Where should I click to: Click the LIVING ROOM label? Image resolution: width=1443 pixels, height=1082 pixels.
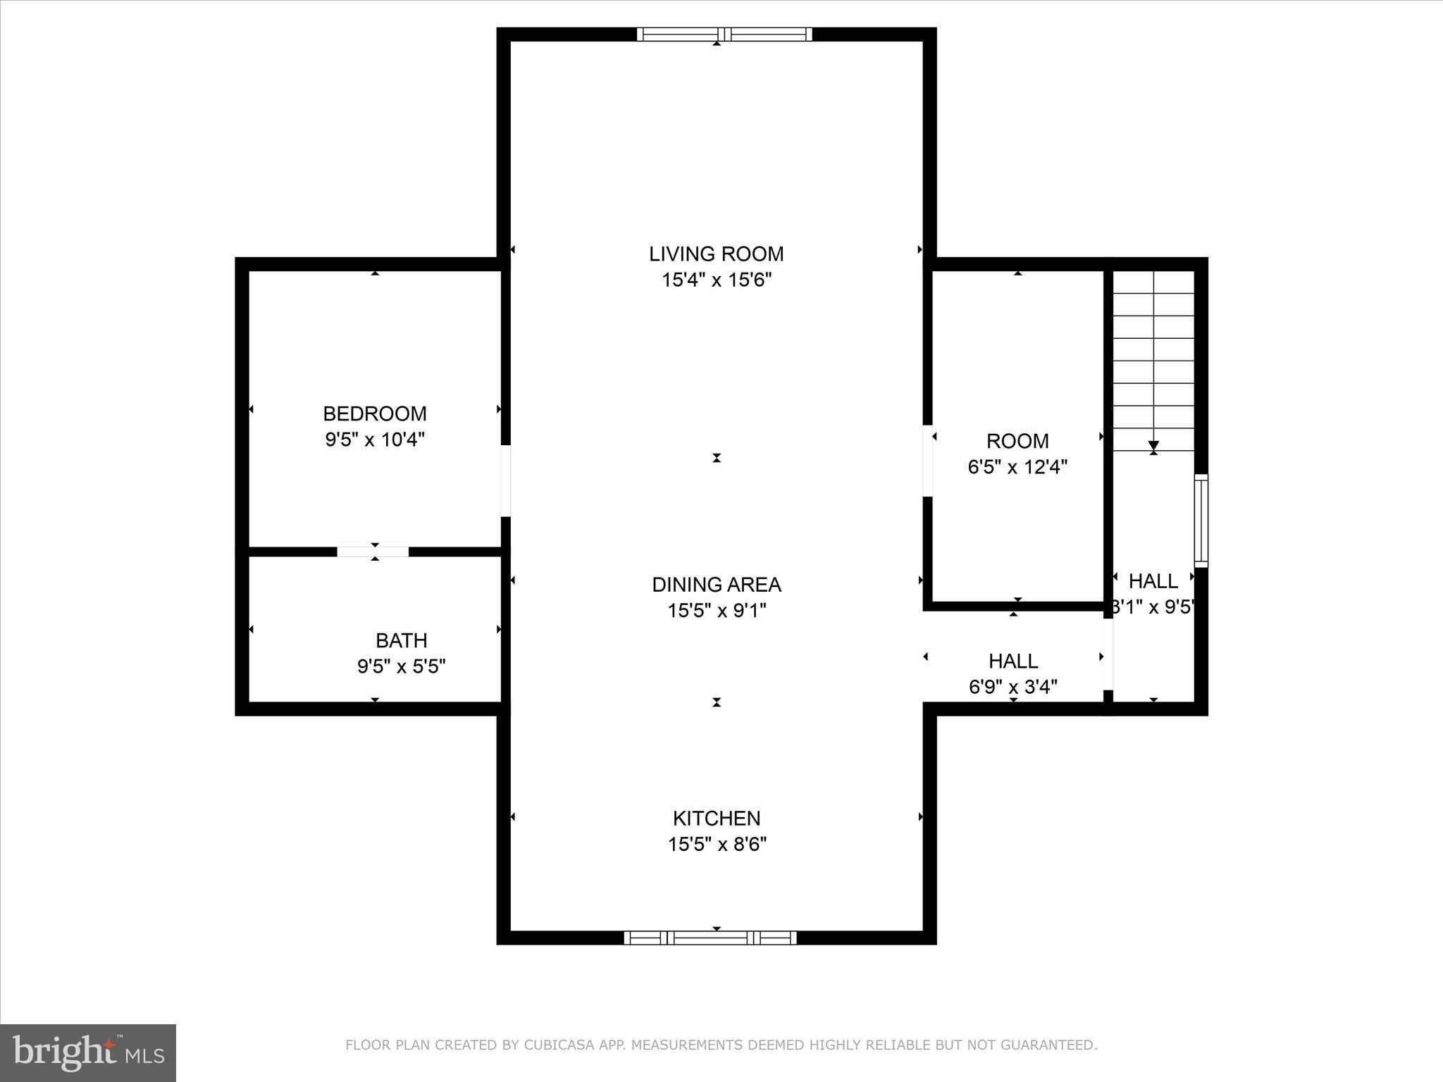[x=716, y=254]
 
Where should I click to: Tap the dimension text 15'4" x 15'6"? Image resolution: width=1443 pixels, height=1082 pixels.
[x=716, y=280]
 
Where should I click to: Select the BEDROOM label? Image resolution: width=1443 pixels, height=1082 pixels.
[x=374, y=413]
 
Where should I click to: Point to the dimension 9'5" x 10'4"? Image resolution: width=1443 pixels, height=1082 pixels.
[x=374, y=440]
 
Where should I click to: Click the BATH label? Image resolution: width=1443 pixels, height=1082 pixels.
[x=401, y=640]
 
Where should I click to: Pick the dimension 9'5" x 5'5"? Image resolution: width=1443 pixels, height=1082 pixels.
[x=401, y=666]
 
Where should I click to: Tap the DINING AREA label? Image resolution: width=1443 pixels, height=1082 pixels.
[x=716, y=585]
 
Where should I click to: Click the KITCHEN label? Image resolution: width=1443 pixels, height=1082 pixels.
[x=716, y=819]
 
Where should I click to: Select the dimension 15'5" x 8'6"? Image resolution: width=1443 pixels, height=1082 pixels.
[x=716, y=845]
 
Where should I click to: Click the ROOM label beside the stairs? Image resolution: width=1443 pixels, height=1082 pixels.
[x=1017, y=441]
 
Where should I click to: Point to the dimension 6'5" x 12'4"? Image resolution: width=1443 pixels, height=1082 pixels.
[x=1017, y=467]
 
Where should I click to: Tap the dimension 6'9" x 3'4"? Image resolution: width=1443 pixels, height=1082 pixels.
[x=1012, y=687]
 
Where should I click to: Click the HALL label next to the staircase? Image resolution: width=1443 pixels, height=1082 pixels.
[x=1153, y=581]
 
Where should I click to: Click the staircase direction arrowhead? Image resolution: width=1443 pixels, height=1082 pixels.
[x=1153, y=446]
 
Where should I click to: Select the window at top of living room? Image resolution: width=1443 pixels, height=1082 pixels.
[x=724, y=35]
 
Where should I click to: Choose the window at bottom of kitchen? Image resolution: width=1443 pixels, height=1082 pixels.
[x=710, y=938]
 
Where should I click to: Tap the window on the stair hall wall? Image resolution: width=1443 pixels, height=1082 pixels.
[x=1201, y=521]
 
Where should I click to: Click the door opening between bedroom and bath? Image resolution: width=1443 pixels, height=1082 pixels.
[x=373, y=552]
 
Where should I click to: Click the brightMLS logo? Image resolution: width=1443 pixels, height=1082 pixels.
[x=88, y=1052]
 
